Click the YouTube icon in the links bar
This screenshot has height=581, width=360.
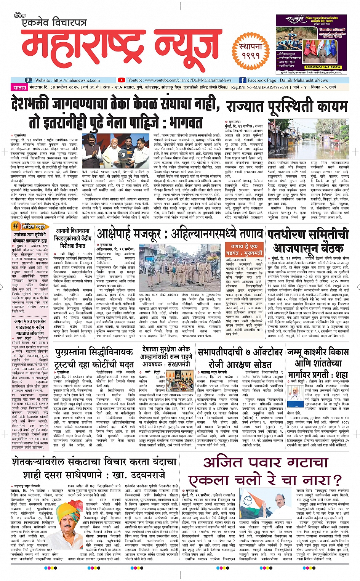click(121, 80)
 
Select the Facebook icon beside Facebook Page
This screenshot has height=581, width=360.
click(242, 80)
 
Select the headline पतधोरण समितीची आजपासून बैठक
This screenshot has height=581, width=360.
click(308, 241)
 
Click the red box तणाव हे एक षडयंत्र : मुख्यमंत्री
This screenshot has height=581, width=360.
click(244, 250)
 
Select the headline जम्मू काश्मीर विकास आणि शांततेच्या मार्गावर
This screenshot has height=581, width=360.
click(318, 363)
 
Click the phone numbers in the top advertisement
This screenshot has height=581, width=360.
click(316, 67)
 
